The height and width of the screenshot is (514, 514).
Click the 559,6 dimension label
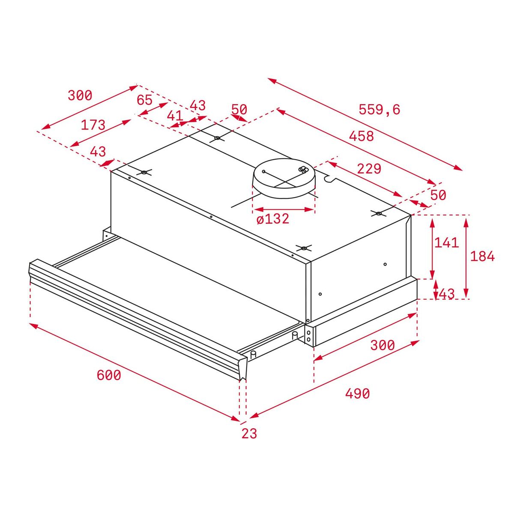(x=379, y=110)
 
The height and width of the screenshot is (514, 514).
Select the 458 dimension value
(x=361, y=136)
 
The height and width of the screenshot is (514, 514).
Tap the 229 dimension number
(x=369, y=169)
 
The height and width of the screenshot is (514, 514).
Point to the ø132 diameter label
(x=273, y=219)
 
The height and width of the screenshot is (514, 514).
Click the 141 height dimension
(x=446, y=243)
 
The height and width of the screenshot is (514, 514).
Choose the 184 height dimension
(x=482, y=256)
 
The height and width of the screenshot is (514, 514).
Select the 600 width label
(x=109, y=375)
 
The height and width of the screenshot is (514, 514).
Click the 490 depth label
(x=357, y=393)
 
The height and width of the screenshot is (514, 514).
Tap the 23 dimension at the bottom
(x=249, y=433)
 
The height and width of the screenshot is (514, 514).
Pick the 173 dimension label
(x=93, y=125)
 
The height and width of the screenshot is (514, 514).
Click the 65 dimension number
(x=144, y=100)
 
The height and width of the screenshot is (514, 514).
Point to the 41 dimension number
(x=175, y=116)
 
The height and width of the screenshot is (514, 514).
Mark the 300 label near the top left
(x=80, y=96)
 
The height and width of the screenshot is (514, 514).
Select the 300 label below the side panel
(x=382, y=345)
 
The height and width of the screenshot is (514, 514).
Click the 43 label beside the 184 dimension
(x=446, y=294)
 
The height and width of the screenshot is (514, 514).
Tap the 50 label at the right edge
(x=438, y=195)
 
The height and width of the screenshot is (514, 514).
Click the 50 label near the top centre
(x=239, y=110)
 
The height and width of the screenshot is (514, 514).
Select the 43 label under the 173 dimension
(x=98, y=152)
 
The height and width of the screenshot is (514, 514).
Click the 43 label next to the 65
(x=197, y=105)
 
